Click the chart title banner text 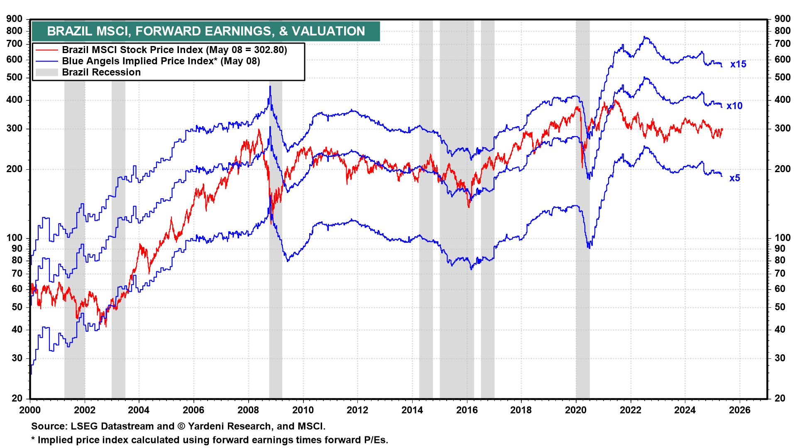pyautogui.click(x=206, y=31)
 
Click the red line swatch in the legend pyautogui.click(x=46, y=50)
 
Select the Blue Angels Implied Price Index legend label pyautogui.click(x=161, y=61)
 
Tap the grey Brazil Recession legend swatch pyautogui.click(x=46, y=72)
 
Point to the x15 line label pyautogui.click(x=738, y=64)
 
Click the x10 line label pyautogui.click(x=734, y=106)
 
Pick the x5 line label pyautogui.click(x=734, y=178)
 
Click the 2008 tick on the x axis pyautogui.click(x=248, y=410)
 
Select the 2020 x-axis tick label pyautogui.click(x=576, y=410)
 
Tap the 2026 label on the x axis pyautogui.click(x=740, y=410)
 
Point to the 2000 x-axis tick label pyautogui.click(x=30, y=410)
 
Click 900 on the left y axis pyautogui.click(x=15, y=19)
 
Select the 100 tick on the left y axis pyautogui.click(x=15, y=238)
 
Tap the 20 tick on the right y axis pyautogui.click(x=780, y=398)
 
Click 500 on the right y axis pyautogui.click(x=782, y=77)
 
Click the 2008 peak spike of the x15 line pyautogui.click(x=270, y=87)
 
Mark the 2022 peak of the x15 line pyautogui.click(x=645, y=37)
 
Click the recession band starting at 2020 pyautogui.click(x=583, y=207)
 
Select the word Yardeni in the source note pyautogui.click(x=205, y=426)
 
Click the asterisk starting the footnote pyautogui.click(x=33, y=439)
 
